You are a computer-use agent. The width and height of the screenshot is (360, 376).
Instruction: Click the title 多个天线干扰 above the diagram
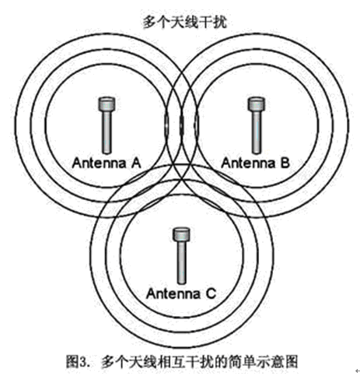tap(185, 22)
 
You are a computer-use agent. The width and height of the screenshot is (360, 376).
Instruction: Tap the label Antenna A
tap(107, 163)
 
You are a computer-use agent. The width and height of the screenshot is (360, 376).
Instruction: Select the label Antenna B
tap(256, 163)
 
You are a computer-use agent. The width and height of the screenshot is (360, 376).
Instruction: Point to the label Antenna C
tap(181, 293)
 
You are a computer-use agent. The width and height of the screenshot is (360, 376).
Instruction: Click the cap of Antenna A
tap(107, 104)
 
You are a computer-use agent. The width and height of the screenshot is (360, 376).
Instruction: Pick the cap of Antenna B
tap(257, 104)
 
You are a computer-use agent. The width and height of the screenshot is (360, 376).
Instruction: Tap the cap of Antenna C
tap(181, 234)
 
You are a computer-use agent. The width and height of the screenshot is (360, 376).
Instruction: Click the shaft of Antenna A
tap(107, 132)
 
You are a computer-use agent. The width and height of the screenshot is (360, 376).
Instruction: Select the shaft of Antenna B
tap(257, 132)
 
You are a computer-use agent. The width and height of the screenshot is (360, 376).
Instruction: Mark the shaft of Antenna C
tap(181, 262)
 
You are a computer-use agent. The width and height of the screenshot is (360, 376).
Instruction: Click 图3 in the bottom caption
tap(75, 361)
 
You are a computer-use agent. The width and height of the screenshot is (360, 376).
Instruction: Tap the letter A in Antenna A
tap(136, 163)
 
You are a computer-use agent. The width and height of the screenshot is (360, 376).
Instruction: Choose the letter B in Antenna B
tap(285, 163)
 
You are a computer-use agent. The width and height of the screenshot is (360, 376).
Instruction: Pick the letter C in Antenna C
tap(211, 293)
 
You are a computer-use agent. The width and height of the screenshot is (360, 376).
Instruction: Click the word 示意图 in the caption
tap(277, 361)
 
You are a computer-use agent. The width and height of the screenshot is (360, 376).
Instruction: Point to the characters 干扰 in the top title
tap(213, 22)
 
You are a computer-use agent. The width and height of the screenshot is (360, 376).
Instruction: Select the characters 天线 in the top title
tap(185, 22)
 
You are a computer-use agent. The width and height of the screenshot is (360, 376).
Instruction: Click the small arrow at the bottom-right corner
tap(358, 371)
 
